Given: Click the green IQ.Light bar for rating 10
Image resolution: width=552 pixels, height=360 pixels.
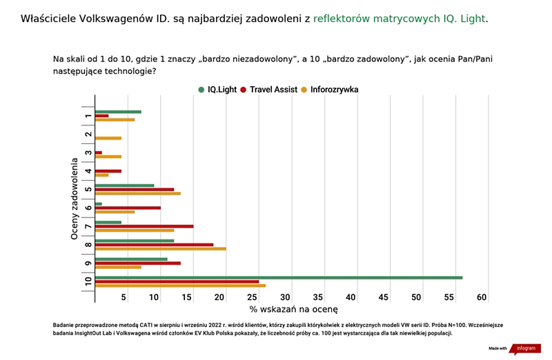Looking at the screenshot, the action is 279,278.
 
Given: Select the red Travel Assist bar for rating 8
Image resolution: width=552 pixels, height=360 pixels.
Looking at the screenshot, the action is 154,245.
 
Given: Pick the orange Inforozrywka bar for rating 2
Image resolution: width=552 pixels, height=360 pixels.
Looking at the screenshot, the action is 108,139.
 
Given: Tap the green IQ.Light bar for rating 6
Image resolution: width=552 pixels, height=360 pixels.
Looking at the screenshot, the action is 99,203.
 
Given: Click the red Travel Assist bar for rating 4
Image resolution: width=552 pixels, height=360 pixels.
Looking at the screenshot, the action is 108,171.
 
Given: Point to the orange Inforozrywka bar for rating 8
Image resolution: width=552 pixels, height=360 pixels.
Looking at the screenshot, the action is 161,249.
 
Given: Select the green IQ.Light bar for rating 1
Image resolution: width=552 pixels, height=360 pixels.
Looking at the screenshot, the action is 118,112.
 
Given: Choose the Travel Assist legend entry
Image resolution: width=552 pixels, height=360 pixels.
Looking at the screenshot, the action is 269,90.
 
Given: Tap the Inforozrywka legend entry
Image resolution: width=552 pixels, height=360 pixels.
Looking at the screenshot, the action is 330,90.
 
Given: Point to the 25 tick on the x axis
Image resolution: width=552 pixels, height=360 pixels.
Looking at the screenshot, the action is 252,297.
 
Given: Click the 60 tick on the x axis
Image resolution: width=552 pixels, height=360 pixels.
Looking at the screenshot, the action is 482,297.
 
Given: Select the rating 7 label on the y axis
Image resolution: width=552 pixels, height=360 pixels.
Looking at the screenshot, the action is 88,226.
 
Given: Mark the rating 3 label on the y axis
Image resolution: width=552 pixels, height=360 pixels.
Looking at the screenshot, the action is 88,152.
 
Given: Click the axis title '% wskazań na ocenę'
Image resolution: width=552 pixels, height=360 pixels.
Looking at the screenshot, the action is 294,310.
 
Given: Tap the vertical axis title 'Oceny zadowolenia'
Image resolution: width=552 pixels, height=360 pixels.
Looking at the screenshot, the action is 74,199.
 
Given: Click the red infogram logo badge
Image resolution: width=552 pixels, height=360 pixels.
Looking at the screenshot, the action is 525,348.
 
